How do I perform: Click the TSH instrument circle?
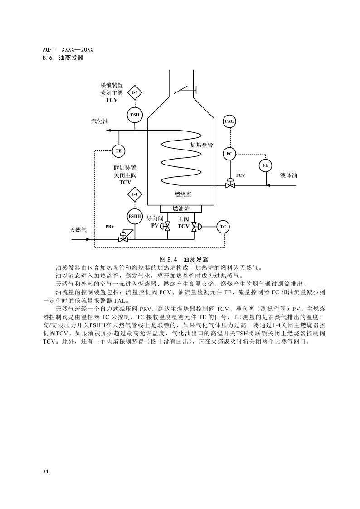135,115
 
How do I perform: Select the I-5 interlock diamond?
135,92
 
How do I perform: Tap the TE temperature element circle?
118,150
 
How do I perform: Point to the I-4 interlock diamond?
135,194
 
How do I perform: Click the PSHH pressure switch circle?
135,216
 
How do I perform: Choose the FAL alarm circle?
229,121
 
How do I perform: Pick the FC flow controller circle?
229,154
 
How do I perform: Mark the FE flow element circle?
265,165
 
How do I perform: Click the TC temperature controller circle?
223,226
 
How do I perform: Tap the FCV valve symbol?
230,184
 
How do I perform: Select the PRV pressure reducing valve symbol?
123,238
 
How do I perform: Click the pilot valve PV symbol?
167,226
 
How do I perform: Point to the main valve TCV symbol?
194,226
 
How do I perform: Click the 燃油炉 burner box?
180,208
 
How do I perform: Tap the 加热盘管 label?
201,145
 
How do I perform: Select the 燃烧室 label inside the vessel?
183,194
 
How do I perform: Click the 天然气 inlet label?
78,230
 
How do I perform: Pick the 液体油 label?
289,175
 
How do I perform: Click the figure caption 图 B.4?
184,259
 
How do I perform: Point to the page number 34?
45,471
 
